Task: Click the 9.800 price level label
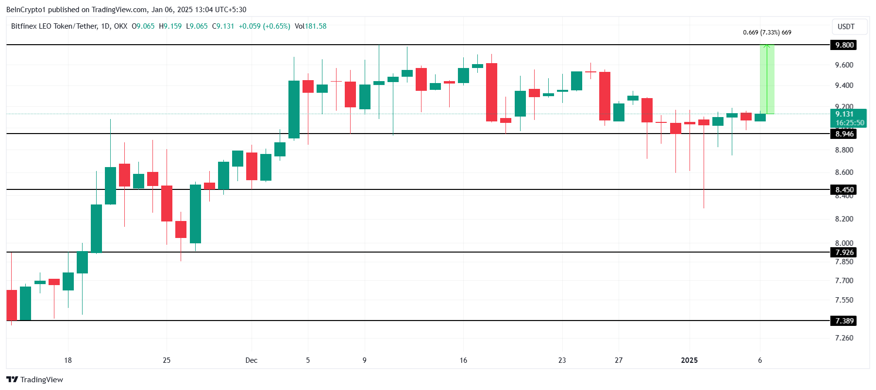coord(844,45)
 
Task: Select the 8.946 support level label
coord(844,134)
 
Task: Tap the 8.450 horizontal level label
coord(844,190)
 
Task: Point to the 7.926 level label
coord(844,253)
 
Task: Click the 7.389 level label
coord(844,321)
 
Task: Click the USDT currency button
coord(846,27)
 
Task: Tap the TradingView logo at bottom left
coord(35,380)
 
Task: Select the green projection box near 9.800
coord(767,79)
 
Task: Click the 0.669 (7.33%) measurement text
coord(767,33)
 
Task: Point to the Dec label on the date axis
coord(251,360)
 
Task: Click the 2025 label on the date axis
coord(689,360)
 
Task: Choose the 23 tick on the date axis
coord(562,360)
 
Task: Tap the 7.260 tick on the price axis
coord(844,338)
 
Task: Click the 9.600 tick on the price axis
coord(844,65)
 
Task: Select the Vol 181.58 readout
coord(311,26)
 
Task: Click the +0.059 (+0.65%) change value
coord(265,26)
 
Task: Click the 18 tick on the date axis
coord(68,360)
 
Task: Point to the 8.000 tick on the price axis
coord(844,243)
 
